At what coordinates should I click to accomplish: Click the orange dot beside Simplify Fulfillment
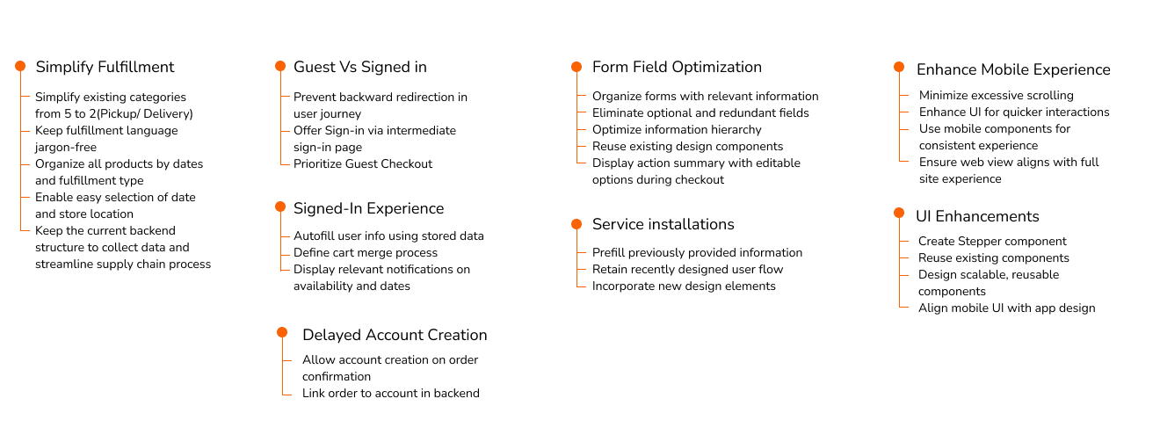coord(20,66)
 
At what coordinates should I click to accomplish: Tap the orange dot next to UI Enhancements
coord(899,213)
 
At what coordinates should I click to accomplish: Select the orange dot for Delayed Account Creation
coord(282,332)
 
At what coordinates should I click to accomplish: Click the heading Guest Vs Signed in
coord(360,67)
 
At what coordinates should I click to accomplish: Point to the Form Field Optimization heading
coord(677,67)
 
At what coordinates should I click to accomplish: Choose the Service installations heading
coord(663,224)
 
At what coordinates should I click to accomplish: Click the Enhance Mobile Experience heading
coord(1013,69)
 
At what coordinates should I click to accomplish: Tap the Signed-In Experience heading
coord(369,208)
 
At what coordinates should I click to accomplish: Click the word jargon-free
coord(66,148)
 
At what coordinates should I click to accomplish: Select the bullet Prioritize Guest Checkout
coord(363,164)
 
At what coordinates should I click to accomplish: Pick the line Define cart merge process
coord(366,252)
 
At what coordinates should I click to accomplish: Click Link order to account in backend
coord(391,394)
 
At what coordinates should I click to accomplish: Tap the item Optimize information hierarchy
coord(677,129)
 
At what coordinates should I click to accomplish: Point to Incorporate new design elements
coord(684,286)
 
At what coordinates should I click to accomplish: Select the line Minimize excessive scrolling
coord(997,95)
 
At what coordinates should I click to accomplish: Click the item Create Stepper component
coord(992,241)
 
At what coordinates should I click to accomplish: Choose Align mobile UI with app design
coord(1007,308)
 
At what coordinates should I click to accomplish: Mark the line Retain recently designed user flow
coord(688,269)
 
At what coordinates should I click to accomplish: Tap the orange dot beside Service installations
coord(576,224)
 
